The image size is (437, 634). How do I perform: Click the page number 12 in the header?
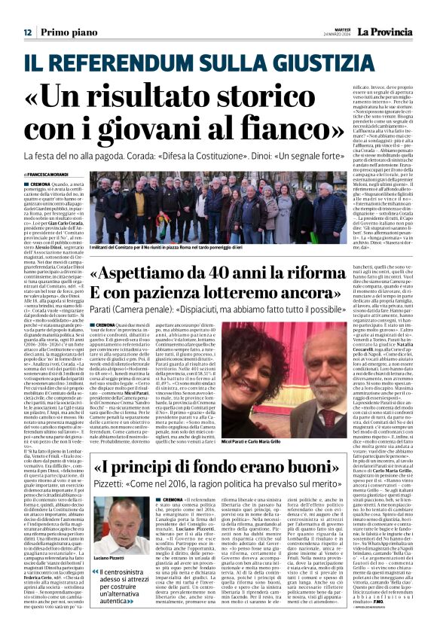click(x=27, y=32)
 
